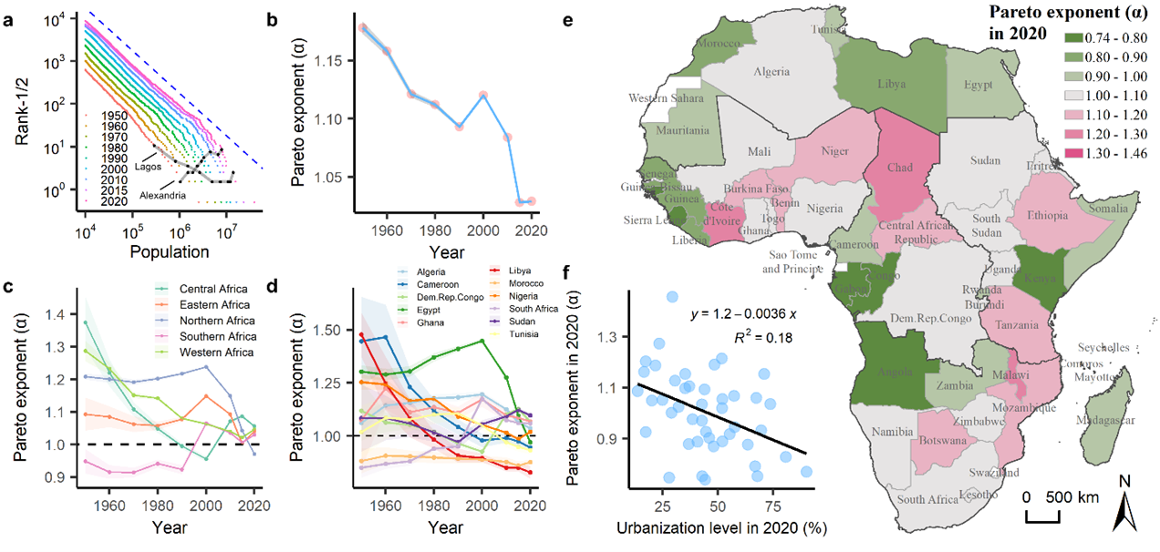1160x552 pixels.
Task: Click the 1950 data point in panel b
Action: coord(363,28)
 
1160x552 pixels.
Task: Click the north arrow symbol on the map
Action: coord(1122,510)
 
